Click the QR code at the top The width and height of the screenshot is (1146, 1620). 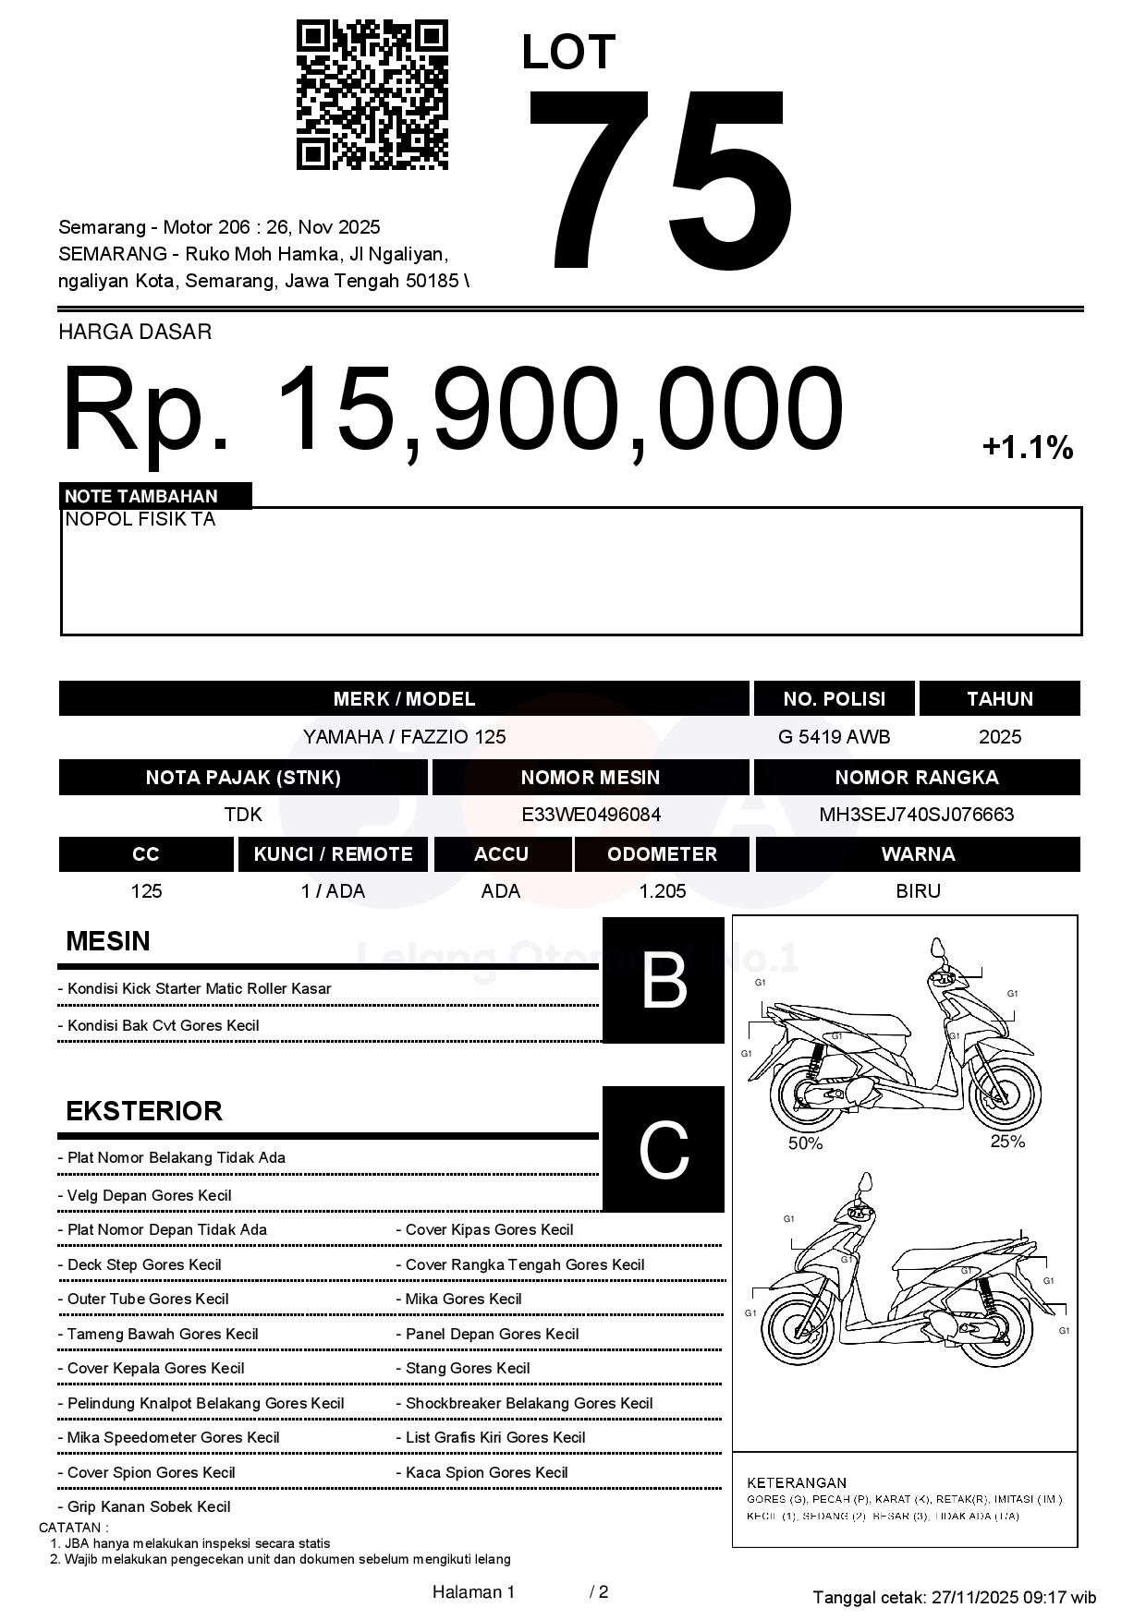(372, 95)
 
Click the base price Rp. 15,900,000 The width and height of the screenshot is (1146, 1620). (453, 409)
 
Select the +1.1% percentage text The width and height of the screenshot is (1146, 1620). (1027, 449)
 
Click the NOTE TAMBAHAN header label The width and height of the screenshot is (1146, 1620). (141, 496)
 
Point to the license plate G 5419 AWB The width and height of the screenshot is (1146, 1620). (834, 737)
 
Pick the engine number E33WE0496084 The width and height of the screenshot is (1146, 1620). (591, 815)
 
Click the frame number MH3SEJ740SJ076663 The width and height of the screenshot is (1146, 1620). (916, 815)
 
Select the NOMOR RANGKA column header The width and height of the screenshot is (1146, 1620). (916, 778)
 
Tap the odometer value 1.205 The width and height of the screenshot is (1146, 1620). (662, 891)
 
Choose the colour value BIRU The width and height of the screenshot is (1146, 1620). (918, 891)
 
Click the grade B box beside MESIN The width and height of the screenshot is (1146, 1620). (664, 981)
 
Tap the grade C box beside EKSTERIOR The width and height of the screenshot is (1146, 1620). (664, 1150)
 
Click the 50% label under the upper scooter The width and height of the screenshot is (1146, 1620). (805, 1143)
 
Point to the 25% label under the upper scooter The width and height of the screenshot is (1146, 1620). (1007, 1142)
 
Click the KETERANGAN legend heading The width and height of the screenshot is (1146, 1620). (797, 1482)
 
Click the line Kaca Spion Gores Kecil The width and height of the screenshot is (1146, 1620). (486, 1472)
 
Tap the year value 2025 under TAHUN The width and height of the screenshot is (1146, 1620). (1000, 737)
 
